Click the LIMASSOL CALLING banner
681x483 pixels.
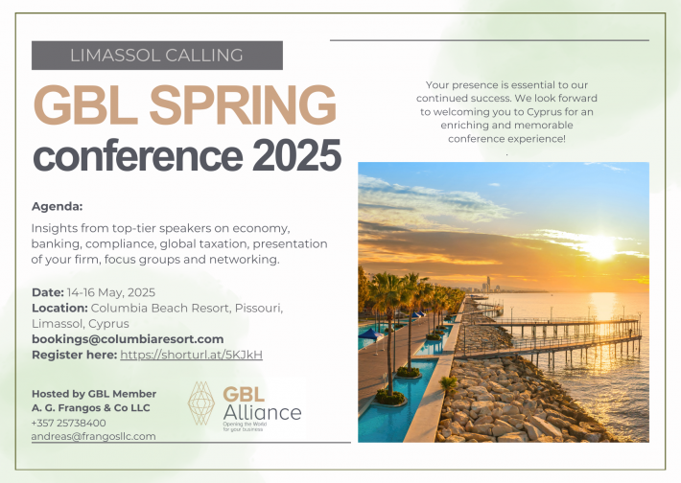(x=156, y=56)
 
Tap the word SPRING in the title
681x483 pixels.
(x=243, y=104)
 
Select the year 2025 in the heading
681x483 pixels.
(x=296, y=155)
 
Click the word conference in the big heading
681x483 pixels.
(x=138, y=155)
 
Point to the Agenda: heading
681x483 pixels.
(x=57, y=206)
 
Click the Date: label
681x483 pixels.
(x=48, y=292)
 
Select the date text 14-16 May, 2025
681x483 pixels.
(x=111, y=293)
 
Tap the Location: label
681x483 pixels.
(x=59, y=309)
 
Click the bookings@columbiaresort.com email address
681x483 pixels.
(x=128, y=339)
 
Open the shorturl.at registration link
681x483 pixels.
(x=192, y=355)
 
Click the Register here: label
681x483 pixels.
(x=74, y=355)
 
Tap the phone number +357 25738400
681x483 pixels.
(x=69, y=424)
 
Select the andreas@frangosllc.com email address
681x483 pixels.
(x=93, y=437)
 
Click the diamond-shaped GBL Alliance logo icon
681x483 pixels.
(x=201, y=403)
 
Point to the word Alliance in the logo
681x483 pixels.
(x=262, y=413)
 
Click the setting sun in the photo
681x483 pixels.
(x=601, y=246)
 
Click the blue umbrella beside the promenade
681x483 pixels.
(x=370, y=333)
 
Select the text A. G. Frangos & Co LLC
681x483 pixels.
(x=91, y=408)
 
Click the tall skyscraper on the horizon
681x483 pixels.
(x=488, y=284)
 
